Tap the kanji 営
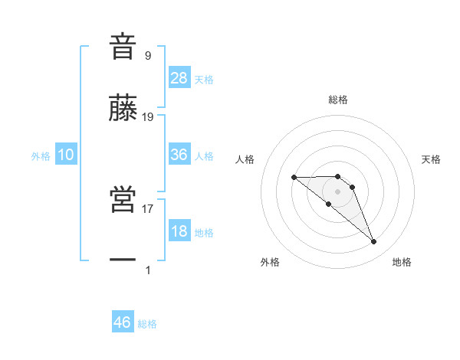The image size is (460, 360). [x=123, y=199]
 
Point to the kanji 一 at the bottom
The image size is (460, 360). [x=123, y=260]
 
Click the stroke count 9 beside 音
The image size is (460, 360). [x=147, y=55]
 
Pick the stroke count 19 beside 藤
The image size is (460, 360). [x=148, y=117]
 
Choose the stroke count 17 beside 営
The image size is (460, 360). [x=148, y=208]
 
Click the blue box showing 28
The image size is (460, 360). [x=179, y=77]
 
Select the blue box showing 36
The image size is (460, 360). [x=179, y=155]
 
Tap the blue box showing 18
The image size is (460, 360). [x=179, y=231]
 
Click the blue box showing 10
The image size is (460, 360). [x=66, y=155]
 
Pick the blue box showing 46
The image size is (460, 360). [x=123, y=322]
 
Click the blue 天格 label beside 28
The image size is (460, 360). [x=204, y=79]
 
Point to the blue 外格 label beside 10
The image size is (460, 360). [x=41, y=156]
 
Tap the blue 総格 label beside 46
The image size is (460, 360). [x=147, y=324]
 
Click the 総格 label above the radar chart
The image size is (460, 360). [x=338, y=100]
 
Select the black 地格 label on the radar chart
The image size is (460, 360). [x=402, y=262]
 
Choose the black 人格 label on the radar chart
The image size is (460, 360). [x=245, y=159]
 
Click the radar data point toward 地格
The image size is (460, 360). [x=374, y=242]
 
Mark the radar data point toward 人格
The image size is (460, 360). [x=294, y=178]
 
